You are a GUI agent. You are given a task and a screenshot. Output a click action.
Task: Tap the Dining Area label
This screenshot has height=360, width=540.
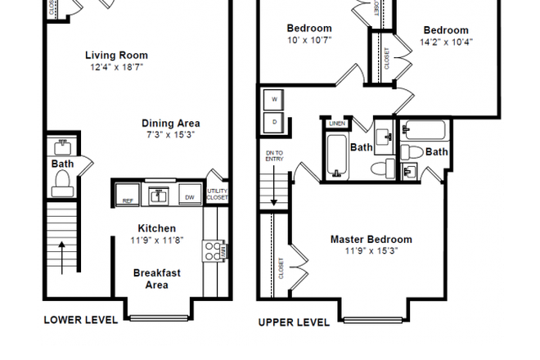173,124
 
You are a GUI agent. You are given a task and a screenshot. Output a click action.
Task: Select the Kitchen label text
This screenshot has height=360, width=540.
156,228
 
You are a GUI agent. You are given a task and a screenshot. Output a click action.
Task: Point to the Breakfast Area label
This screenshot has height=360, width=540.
156,279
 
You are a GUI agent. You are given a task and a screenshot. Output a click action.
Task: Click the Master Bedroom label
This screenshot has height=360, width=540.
371,240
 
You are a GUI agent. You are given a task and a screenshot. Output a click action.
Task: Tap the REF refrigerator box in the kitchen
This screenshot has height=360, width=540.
128,198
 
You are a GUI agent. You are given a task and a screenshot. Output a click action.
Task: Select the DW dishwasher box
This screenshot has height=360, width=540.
189,198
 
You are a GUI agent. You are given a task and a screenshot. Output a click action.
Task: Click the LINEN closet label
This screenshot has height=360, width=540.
335,124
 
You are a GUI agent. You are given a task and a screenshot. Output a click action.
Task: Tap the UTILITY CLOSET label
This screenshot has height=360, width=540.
217,194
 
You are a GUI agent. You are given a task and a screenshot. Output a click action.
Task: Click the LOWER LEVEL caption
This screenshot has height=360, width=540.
80,320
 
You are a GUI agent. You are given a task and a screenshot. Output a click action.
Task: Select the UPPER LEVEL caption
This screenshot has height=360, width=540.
294,322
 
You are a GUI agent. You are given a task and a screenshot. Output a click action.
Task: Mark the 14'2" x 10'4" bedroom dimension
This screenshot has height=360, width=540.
447,41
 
